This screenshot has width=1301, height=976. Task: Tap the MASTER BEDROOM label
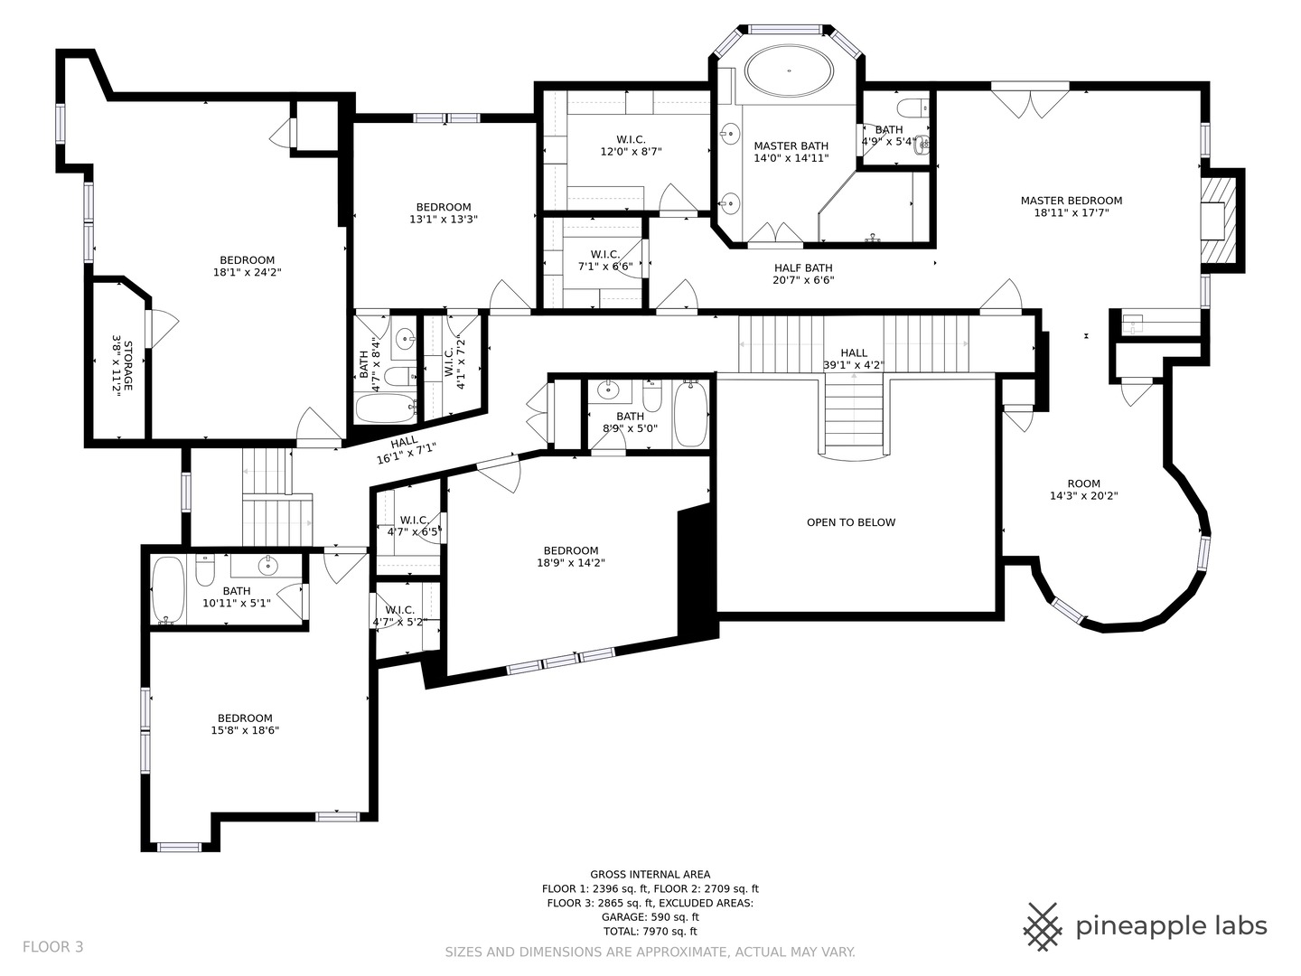tap(1071, 201)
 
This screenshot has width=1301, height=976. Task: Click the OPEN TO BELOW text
tap(851, 522)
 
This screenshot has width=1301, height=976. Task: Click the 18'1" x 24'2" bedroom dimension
tap(247, 272)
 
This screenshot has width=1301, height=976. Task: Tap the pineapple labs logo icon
tap(1043, 926)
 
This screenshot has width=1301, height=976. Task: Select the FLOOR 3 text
tap(52, 947)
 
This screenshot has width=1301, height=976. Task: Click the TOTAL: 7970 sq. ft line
tap(650, 932)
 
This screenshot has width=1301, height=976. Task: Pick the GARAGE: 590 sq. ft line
tap(650, 917)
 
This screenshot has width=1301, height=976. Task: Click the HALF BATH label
tap(803, 267)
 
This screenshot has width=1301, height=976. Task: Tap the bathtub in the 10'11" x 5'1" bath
tap(168, 589)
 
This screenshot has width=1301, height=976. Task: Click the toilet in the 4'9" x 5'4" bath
tap(915, 107)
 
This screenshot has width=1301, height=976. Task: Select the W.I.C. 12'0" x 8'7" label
tap(631, 145)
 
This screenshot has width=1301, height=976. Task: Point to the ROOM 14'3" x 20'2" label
tap(1083, 490)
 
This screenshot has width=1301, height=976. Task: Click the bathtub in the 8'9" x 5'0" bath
tap(691, 414)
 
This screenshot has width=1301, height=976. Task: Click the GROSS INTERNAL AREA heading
tap(650, 874)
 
